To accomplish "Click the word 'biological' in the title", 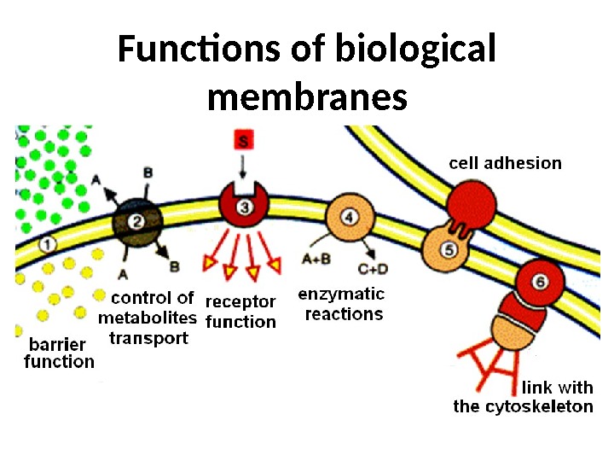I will pos(418,50).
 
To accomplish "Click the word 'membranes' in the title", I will pos(307,97).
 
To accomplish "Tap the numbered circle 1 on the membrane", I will pos(49,244).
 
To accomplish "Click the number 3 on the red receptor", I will pos(245,207).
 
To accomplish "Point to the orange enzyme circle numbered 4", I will pos(350,215).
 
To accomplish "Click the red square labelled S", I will pos(243,142).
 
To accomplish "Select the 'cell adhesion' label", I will pos(505,162).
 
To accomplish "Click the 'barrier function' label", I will pos(59,353).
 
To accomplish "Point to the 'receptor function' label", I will pos(241,312).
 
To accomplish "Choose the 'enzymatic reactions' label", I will pos(341,304).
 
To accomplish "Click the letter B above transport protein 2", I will pos(148,173).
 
